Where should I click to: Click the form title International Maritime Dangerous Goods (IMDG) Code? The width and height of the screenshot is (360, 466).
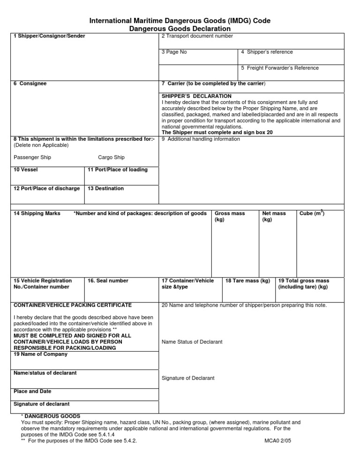coord(180,21)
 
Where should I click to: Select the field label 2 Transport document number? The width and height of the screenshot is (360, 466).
coord(197,36)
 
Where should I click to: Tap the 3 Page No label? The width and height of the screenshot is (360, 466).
coord(174,52)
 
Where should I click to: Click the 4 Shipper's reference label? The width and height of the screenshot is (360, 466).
coord(267,52)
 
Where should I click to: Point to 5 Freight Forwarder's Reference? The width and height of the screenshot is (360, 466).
coord(280,68)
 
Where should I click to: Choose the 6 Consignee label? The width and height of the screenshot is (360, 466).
coord(30,83)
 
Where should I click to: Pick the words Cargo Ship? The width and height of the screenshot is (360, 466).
coord(111,158)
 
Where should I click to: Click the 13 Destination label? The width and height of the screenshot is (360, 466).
coord(106,188)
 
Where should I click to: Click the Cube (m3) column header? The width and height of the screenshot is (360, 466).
coord(312,213)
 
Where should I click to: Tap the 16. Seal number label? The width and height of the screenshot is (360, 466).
coord(108,281)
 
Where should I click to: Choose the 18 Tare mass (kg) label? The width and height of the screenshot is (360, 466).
coord(247,281)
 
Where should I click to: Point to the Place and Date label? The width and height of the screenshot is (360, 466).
coord(32,391)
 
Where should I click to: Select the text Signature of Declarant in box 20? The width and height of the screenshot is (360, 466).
coord(187,378)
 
